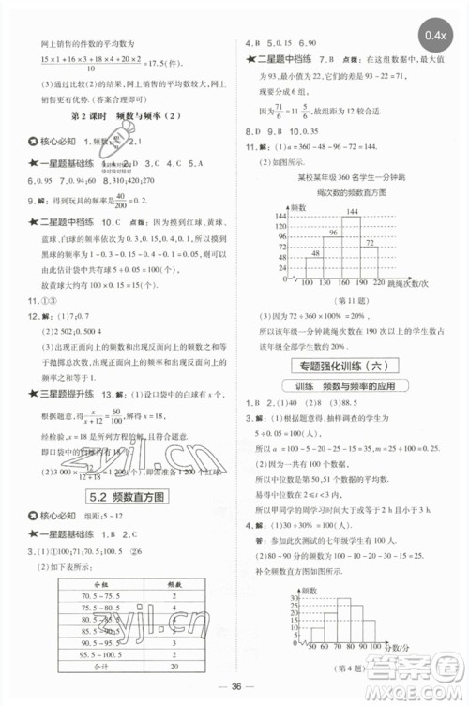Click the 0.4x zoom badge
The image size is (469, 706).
pos(434,36)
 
